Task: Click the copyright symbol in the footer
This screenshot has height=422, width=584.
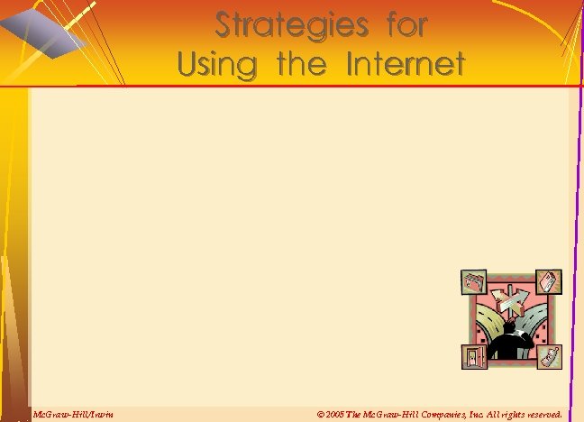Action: click(x=322, y=414)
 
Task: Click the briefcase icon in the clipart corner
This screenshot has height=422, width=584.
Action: click(x=474, y=283)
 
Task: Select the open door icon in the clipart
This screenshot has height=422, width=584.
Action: click(x=473, y=356)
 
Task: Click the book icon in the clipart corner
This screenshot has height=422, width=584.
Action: click(x=548, y=281)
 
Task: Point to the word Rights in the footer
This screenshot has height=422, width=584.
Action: click(x=508, y=414)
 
